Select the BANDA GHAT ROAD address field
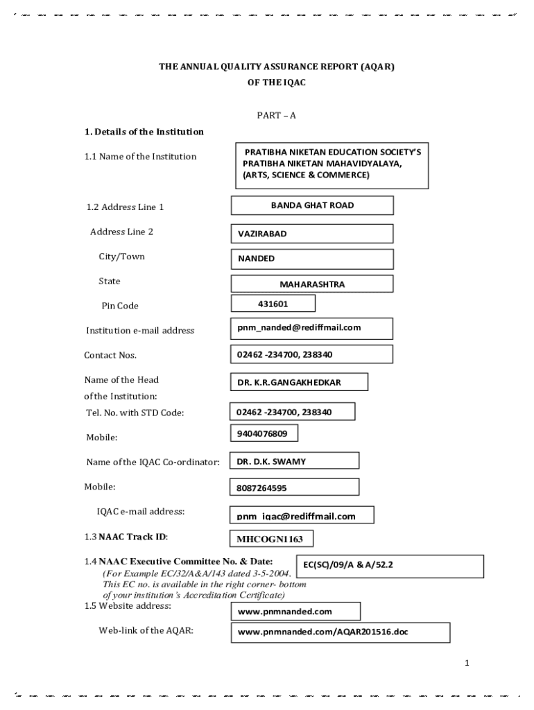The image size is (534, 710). (x=311, y=205)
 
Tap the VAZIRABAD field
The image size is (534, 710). (x=311, y=234)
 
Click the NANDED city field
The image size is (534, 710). (x=311, y=259)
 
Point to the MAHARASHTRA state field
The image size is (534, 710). (x=311, y=284)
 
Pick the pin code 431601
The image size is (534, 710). (x=273, y=304)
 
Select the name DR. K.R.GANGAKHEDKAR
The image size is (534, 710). (x=299, y=383)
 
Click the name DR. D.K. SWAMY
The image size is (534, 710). (x=294, y=461)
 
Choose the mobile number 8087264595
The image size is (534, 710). (x=294, y=488)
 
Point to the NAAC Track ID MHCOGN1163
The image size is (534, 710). (x=270, y=539)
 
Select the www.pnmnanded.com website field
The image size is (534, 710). (x=295, y=612)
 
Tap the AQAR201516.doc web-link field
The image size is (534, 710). (x=340, y=633)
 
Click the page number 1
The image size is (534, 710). (x=467, y=664)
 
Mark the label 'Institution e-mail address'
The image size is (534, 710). (x=140, y=331)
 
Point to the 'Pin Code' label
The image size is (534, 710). (x=120, y=306)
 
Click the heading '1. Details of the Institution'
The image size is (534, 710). (x=144, y=132)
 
